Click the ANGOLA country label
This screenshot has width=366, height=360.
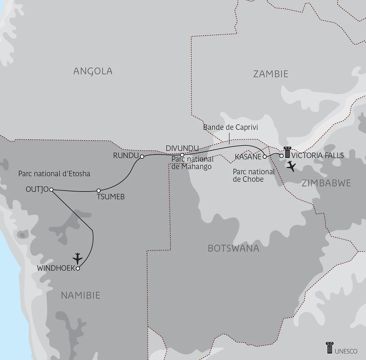[93, 71]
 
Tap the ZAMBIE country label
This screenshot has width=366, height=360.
[271, 74]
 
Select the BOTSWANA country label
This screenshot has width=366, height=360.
[233, 248]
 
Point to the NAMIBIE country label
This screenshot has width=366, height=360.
[81, 295]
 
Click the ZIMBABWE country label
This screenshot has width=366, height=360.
[326, 183]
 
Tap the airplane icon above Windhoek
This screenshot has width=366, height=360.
[78, 258]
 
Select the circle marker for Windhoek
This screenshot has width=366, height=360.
[78, 268]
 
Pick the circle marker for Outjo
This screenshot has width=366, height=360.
[51, 190]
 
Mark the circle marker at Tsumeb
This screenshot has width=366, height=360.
[99, 191]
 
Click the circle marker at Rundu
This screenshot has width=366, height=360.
[142, 157]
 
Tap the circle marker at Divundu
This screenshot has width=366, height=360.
[182, 155]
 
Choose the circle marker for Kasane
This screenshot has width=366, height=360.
[265, 156]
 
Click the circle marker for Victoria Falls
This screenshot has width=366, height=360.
[282, 155]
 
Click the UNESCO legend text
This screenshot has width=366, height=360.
[346, 351]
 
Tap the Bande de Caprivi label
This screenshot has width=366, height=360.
[230, 127]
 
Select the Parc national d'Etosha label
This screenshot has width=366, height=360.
[54, 174]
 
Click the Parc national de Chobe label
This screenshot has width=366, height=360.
[254, 175]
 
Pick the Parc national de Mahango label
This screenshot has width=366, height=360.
[192, 163]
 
